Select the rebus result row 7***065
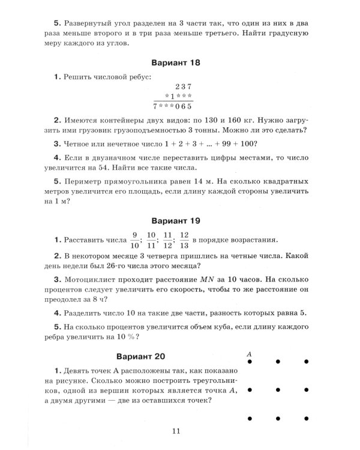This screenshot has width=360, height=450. pos(173,107)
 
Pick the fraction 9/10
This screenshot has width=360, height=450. pos(134,241)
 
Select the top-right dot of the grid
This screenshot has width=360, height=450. pos(307,362)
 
